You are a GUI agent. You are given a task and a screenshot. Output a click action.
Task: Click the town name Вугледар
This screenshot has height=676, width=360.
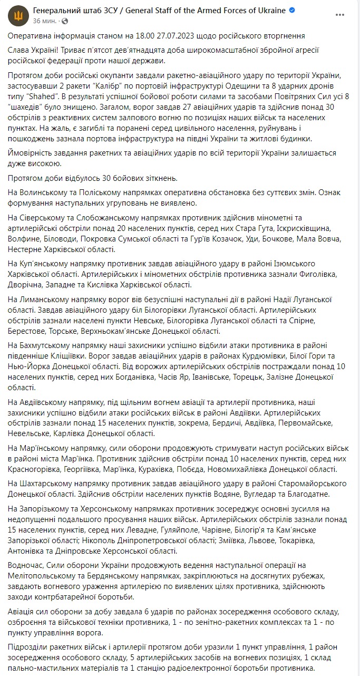click(256, 494)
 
